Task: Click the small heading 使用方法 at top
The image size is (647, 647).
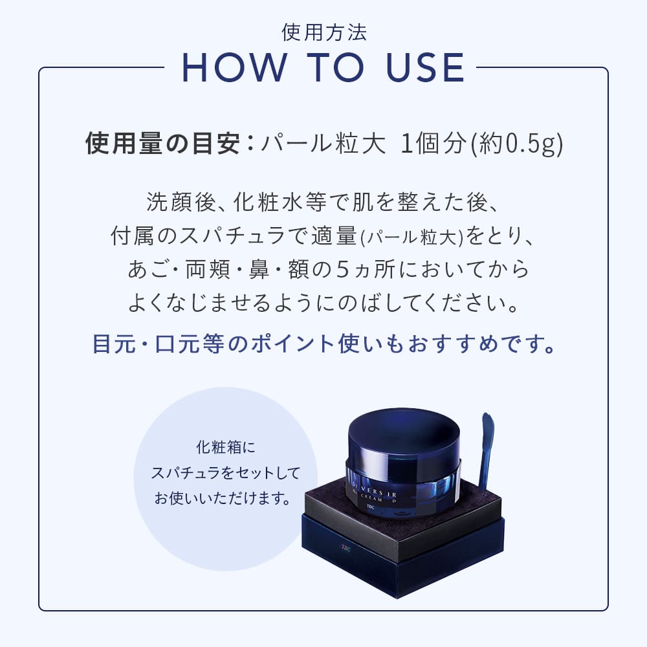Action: (324, 32)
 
